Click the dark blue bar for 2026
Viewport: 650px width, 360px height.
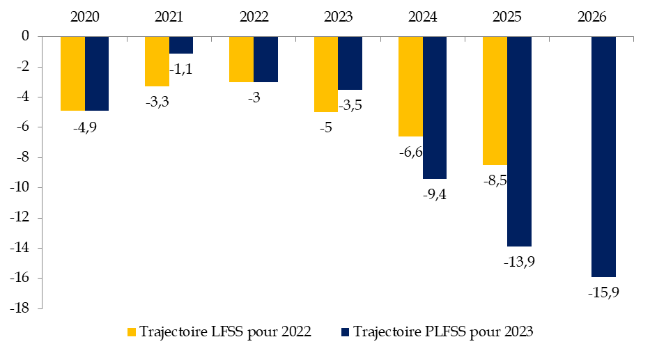[x=603, y=156]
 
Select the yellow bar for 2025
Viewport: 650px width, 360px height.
[x=495, y=100]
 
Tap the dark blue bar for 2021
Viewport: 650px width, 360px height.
[x=181, y=45]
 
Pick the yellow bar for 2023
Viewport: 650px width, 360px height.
[x=326, y=74]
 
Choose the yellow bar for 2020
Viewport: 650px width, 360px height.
[x=72, y=73]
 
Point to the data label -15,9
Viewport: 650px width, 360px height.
[x=603, y=292]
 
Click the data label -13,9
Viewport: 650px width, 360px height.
[x=519, y=262]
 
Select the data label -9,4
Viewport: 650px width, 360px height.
[x=434, y=194]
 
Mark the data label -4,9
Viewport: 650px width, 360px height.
[x=85, y=126]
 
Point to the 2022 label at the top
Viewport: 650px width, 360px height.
[x=254, y=16]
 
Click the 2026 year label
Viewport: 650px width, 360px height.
[x=591, y=16]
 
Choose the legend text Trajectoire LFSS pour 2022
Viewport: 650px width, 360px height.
[x=225, y=332]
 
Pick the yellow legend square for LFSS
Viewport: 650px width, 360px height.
[x=130, y=332]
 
